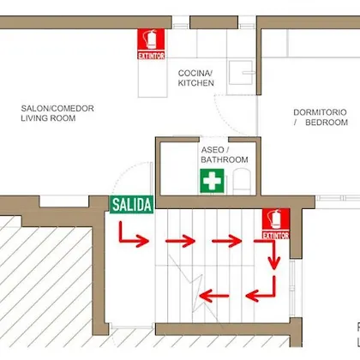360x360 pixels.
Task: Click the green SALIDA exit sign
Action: [x=132, y=205]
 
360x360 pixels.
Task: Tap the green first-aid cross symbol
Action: [x=212, y=181]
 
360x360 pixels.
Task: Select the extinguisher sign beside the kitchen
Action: [x=151, y=44]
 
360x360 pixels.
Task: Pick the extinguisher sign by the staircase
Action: [x=276, y=224]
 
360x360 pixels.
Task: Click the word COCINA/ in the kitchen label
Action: [x=195, y=73]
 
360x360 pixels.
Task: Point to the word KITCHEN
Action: [x=196, y=83]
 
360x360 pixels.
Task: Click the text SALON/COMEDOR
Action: [x=57, y=108]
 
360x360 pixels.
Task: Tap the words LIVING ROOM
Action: [x=48, y=118]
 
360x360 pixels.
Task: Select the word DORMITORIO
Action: [x=320, y=112]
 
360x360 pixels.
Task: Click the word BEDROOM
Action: [x=327, y=123]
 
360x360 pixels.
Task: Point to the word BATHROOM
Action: [x=225, y=159]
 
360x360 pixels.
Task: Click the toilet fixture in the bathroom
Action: [x=242, y=182]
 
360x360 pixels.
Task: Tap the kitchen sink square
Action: [x=241, y=73]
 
